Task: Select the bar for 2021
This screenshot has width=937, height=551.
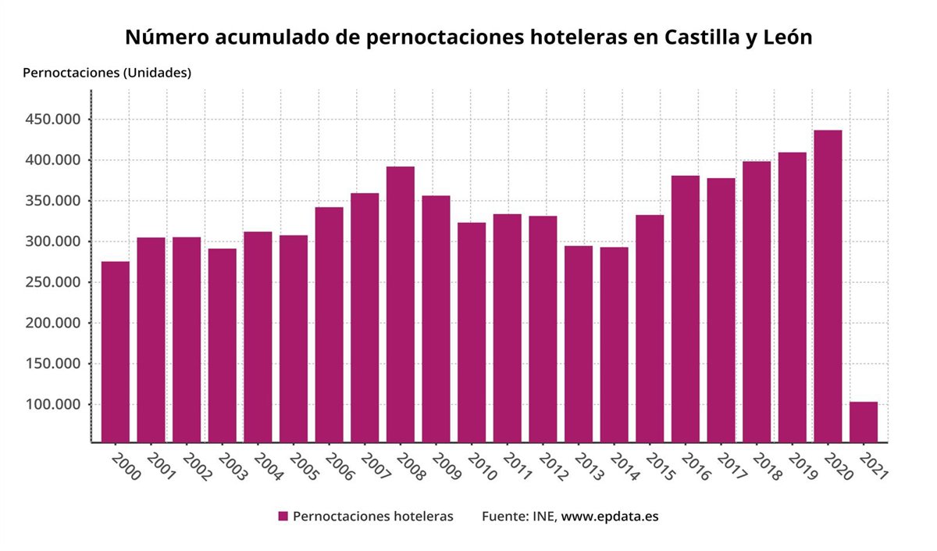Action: click(x=863, y=422)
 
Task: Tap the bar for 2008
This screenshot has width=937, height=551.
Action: click(x=401, y=304)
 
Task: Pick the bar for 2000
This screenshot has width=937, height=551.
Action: click(x=116, y=352)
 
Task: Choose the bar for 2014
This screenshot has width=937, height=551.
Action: click(x=614, y=345)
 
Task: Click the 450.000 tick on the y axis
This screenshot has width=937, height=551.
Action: click(x=52, y=120)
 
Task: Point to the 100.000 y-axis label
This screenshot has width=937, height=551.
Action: click(x=52, y=405)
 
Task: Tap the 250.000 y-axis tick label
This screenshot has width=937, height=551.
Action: click(x=52, y=282)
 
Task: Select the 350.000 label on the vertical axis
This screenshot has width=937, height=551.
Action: click(x=52, y=201)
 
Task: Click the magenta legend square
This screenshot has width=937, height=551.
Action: click(x=283, y=517)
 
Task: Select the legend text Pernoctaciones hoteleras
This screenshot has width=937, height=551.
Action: click(x=372, y=517)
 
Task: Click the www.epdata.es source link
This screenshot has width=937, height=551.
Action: click(x=610, y=517)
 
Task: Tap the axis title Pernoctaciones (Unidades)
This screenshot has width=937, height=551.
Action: click(x=107, y=73)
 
